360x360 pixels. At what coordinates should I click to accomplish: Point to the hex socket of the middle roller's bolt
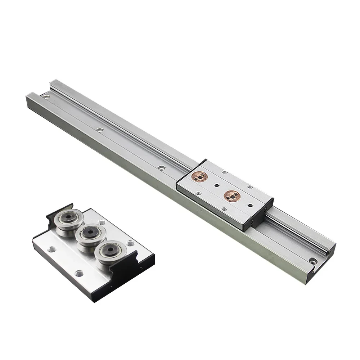87,234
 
